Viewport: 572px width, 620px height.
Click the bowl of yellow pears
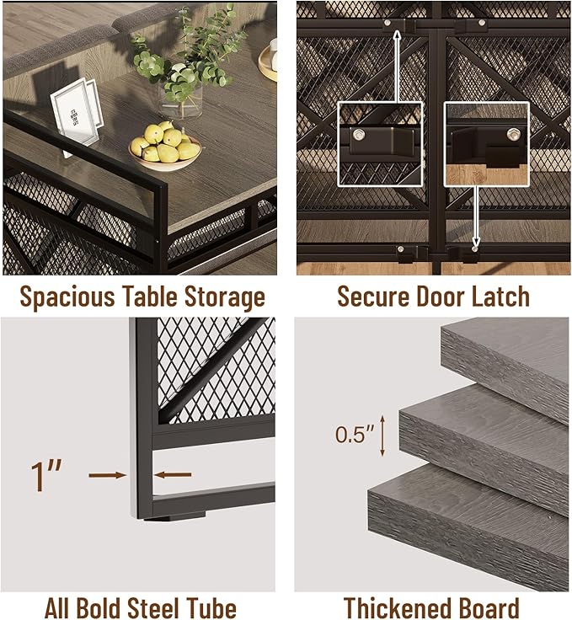pyautogui.click(x=165, y=148)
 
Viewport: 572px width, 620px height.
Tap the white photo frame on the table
pyautogui.click(x=76, y=113)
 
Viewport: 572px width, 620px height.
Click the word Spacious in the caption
pyautogui.click(x=67, y=297)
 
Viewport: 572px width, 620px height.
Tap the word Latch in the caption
pyautogui.click(x=501, y=297)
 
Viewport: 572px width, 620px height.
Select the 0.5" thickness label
pyautogui.click(x=355, y=435)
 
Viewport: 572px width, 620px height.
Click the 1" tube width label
pyautogui.click(x=45, y=476)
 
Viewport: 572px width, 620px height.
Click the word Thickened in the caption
pyautogui.click(x=398, y=607)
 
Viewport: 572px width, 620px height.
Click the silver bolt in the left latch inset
pyautogui.click(x=360, y=135)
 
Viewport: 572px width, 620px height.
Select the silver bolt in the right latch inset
pyautogui.click(x=513, y=134)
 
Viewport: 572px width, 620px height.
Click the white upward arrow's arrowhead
pyautogui.click(x=398, y=37)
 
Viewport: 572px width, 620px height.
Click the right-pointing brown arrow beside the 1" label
pyautogui.click(x=108, y=475)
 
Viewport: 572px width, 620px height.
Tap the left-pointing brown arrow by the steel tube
pyautogui.click(x=173, y=474)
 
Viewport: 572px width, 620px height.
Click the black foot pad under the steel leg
pyautogui.click(x=174, y=516)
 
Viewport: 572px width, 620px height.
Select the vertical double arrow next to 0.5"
pyautogui.click(x=382, y=436)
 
